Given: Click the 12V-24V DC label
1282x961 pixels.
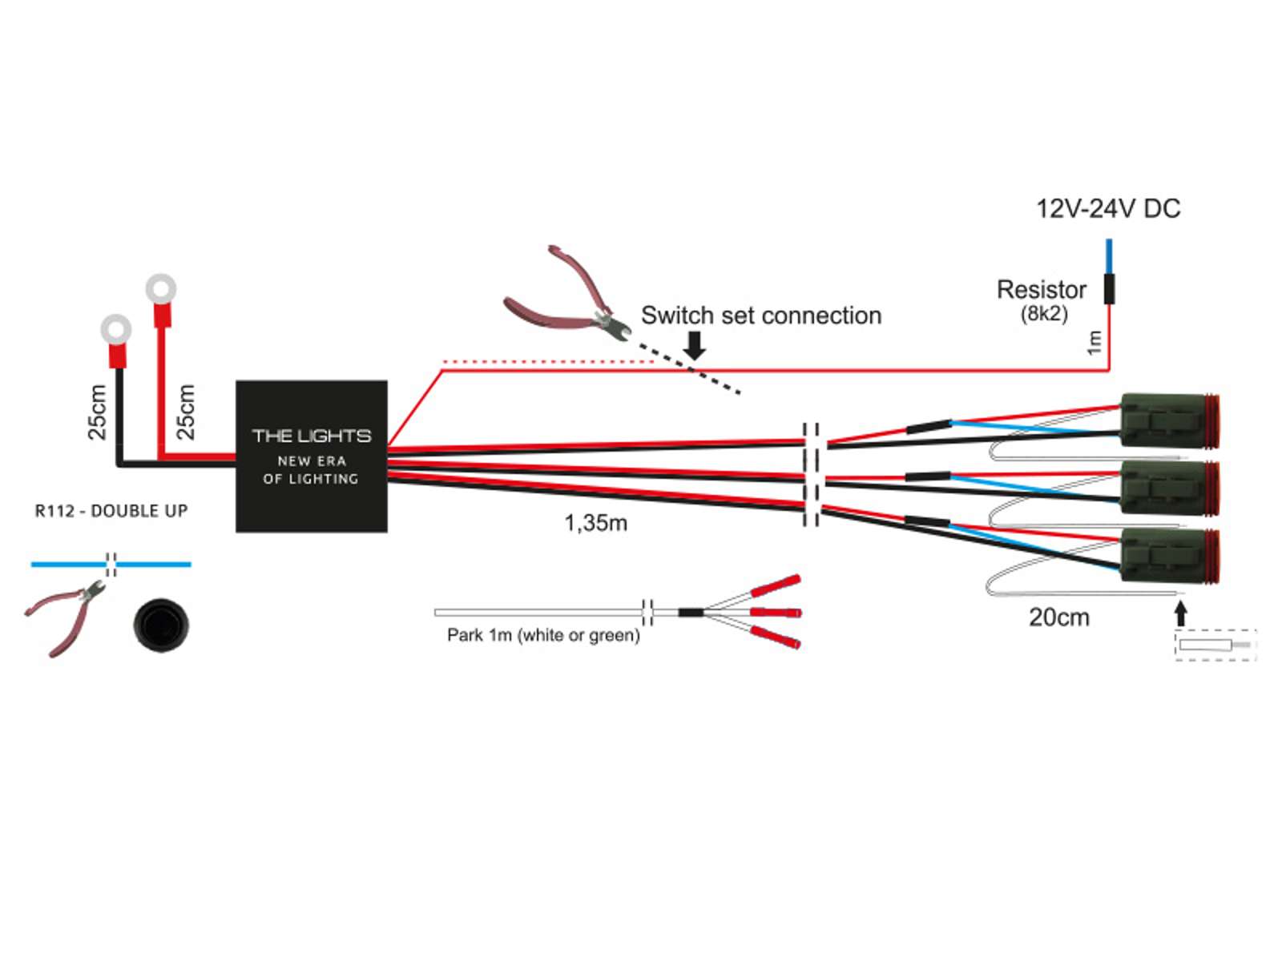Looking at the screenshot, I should point(1107,209).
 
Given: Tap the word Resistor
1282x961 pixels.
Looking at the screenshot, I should point(1041,289).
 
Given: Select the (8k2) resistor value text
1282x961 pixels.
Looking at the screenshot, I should point(1044,313).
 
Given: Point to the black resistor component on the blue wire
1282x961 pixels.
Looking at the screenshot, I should point(1109,289).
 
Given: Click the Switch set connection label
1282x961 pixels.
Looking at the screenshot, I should point(760,316).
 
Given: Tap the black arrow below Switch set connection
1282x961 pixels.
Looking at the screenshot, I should point(695,345).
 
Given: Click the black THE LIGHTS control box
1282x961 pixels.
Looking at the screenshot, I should point(311,456).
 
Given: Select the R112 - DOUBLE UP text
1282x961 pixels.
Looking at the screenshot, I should point(111,511).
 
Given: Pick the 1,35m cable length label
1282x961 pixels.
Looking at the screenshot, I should point(595,523).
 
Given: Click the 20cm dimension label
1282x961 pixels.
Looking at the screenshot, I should point(1058,617).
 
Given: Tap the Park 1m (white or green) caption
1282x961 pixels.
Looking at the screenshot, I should point(543,635).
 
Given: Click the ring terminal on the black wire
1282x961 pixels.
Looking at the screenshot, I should point(116,330).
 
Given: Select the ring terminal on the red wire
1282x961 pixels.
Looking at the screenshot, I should point(161,289).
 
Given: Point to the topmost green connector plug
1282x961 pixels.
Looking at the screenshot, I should point(1168,420).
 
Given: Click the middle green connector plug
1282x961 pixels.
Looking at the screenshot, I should point(1168,487).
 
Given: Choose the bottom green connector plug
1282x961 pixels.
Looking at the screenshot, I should point(1168,557).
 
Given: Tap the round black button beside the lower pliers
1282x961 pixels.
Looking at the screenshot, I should point(160,623).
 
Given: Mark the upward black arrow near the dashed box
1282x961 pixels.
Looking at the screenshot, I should point(1179,613).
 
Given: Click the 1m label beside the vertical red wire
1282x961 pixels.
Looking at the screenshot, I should point(1094,342).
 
